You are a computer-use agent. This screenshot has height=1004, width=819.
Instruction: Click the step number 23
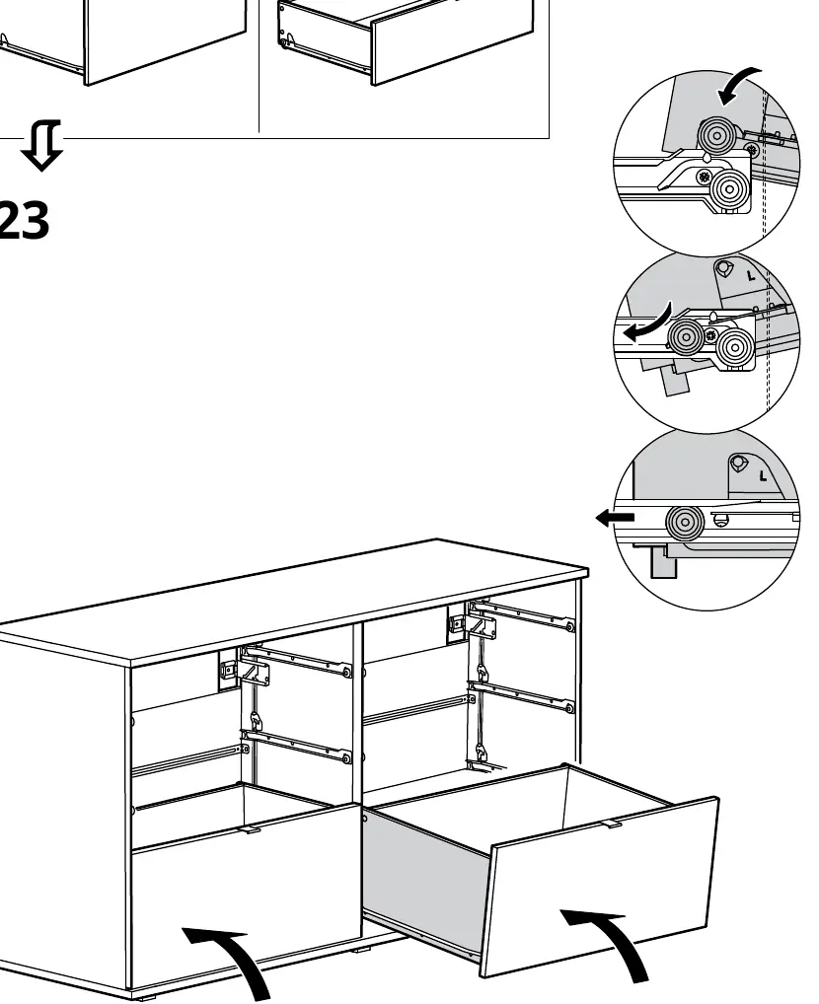[x=23, y=220]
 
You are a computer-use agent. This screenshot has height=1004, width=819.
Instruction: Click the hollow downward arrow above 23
[x=41, y=145]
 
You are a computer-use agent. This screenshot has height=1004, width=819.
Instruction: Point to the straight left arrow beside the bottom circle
[x=615, y=518]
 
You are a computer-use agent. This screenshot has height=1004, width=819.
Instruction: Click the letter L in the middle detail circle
[x=751, y=276]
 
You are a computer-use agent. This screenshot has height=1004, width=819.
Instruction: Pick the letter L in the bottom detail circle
[x=762, y=475]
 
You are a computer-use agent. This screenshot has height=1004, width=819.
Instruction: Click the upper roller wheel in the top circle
[x=715, y=136]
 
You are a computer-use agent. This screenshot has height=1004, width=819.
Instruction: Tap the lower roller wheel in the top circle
[x=729, y=189]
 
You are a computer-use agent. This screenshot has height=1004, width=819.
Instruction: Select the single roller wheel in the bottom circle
[x=685, y=522]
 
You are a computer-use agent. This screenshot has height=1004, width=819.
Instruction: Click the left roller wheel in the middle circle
[x=687, y=336]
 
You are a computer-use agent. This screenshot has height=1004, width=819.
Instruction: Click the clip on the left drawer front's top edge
[x=251, y=829]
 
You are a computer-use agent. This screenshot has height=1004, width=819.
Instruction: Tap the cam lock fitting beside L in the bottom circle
[x=738, y=463]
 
